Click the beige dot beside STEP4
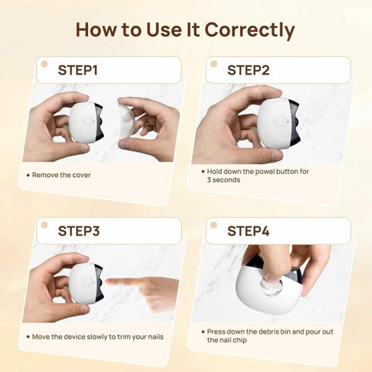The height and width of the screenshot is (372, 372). (x=214, y=225)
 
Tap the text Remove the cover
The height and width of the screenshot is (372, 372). (x=61, y=175)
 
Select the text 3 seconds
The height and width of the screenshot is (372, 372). (x=223, y=180)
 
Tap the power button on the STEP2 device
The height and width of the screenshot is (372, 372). (x=278, y=121)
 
